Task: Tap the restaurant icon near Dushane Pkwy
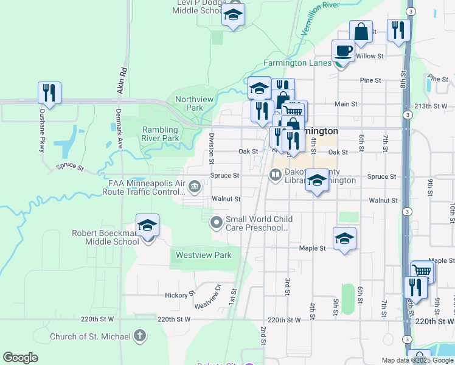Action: [49, 93]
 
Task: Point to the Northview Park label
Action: [189, 103]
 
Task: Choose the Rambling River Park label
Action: [161, 134]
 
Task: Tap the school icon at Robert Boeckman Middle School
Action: [147, 225]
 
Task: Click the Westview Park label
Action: [204, 255]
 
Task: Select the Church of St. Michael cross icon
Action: [141, 336]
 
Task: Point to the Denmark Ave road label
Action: [119, 130]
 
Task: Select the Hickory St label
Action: [179, 294]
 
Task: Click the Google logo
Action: [20, 357]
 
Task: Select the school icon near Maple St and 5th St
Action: [344, 238]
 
